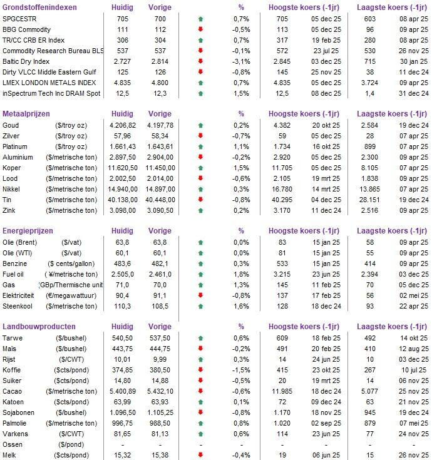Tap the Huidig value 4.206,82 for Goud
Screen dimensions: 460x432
pyautogui.click(x=122, y=125)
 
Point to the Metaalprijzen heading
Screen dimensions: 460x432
pyautogui.click(x=27, y=114)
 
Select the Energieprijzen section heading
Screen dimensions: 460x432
pyautogui.click(x=29, y=231)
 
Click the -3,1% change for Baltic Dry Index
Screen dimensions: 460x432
pyautogui.click(x=241, y=61)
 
